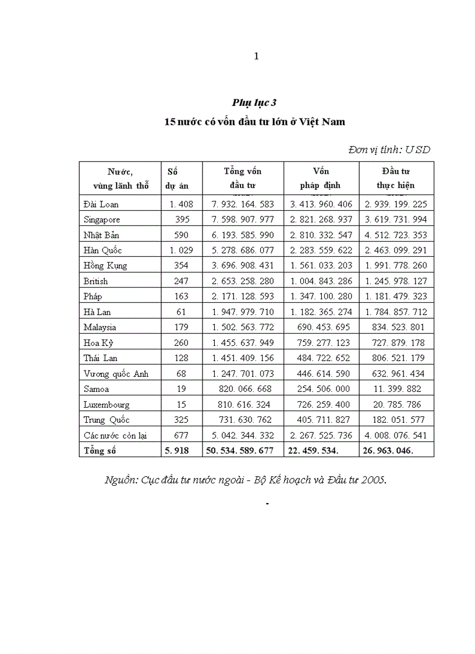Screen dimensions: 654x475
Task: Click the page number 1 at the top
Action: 256,56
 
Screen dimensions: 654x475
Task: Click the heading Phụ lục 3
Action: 254,102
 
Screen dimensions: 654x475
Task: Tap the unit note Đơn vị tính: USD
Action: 389,150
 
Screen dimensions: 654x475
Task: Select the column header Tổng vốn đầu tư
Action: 243,178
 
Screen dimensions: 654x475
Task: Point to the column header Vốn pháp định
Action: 321,178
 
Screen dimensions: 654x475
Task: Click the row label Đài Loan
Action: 101,204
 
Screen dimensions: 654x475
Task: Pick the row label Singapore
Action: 102,220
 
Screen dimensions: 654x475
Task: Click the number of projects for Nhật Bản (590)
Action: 181,235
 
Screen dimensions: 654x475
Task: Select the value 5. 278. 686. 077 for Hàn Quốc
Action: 243,250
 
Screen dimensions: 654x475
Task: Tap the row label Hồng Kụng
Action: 105,266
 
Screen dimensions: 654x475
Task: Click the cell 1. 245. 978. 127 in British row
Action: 396,281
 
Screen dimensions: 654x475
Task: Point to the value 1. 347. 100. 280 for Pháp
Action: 321,296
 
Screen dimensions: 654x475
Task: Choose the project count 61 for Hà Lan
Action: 181,312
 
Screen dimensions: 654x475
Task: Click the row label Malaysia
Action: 100,327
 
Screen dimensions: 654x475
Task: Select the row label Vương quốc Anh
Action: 116,374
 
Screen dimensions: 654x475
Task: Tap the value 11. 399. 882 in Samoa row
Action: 399,389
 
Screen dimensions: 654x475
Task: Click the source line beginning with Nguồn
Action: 246,480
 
